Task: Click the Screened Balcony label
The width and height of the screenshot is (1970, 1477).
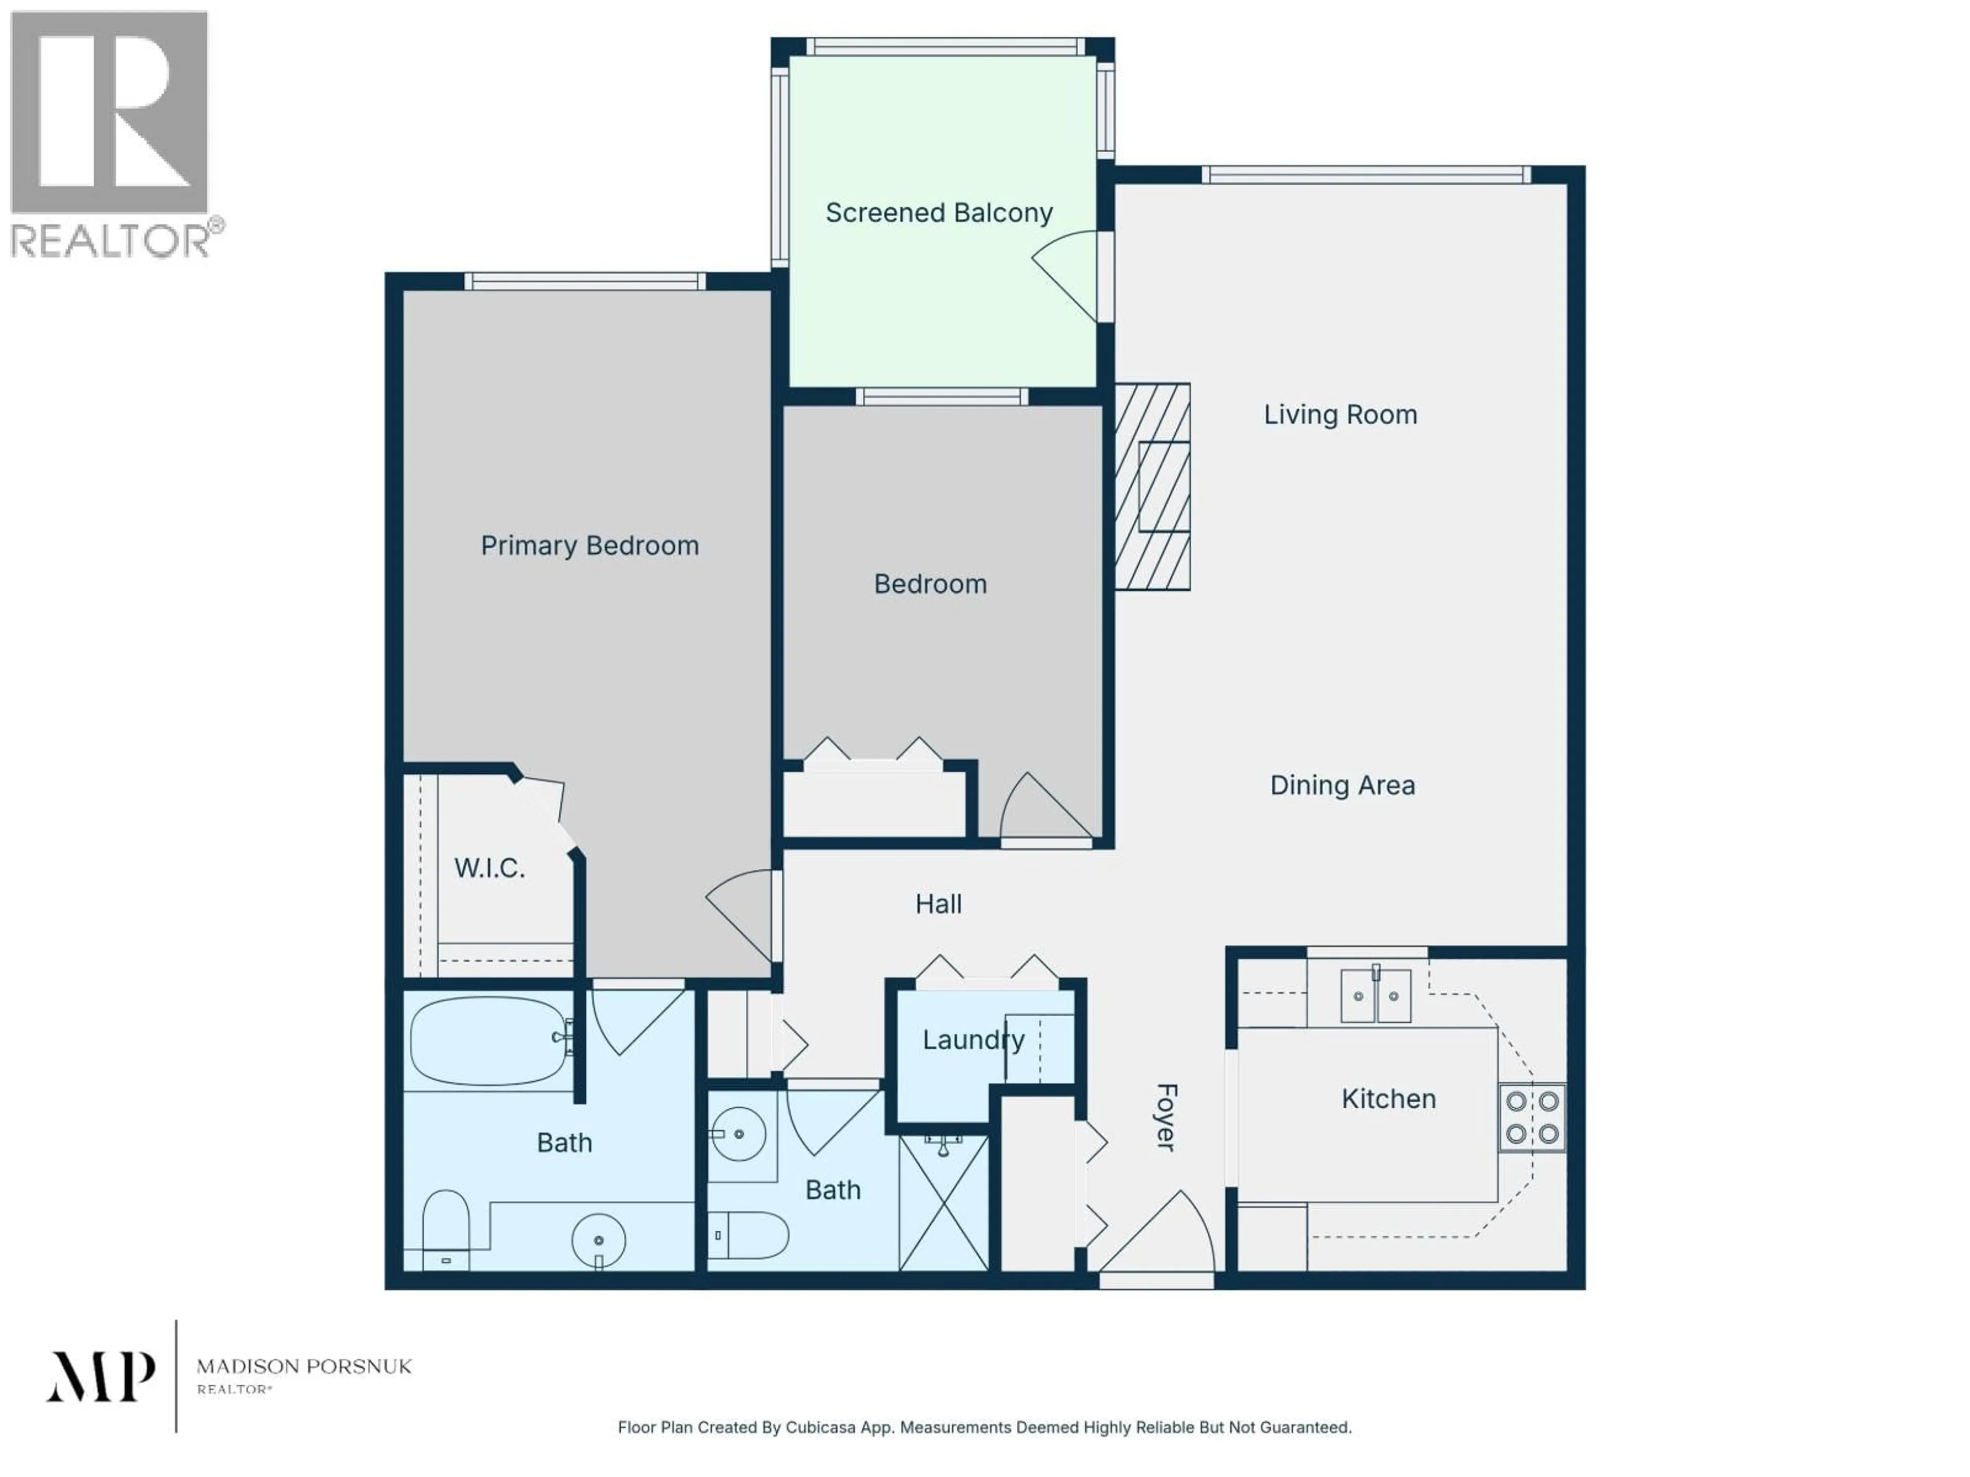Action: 939,213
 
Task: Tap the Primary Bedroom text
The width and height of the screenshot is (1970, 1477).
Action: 589,546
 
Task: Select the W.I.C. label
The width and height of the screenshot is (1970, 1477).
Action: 489,868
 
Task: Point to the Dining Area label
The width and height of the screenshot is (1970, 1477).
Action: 1342,785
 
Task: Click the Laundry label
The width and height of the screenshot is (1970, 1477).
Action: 973,1040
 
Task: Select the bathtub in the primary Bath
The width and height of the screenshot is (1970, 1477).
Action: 489,1041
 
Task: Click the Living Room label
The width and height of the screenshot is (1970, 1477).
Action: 1341,415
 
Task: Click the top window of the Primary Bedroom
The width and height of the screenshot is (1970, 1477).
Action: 585,282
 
